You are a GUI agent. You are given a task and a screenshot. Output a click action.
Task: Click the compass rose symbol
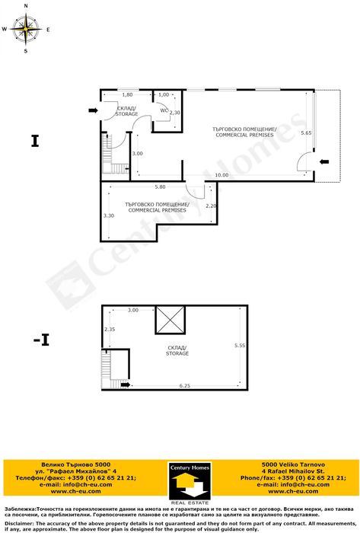(26, 29)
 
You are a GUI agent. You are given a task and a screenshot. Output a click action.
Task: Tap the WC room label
(164, 110)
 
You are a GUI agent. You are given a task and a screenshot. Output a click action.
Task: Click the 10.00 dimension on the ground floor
(221, 175)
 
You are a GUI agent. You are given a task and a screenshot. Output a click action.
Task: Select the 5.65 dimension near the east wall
(306, 133)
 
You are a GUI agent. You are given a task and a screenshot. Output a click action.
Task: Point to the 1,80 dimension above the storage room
(127, 95)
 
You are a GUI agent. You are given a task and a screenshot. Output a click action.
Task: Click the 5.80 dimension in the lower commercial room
(160, 187)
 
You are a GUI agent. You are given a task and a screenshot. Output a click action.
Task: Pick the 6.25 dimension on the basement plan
(184, 385)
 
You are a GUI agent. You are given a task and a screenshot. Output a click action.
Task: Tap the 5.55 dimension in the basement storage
(240, 345)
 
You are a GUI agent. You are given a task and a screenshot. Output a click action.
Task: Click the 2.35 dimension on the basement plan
(110, 329)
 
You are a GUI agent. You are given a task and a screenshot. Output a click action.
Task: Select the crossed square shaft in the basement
(170, 320)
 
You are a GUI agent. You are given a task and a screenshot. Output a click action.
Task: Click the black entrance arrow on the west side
(93, 110)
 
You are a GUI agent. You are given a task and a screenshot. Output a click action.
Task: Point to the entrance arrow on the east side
(324, 161)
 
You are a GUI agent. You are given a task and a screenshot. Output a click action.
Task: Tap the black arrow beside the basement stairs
(126, 385)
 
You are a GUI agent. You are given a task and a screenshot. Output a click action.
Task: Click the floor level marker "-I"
(41, 340)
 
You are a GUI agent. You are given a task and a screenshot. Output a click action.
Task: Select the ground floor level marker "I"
(35, 141)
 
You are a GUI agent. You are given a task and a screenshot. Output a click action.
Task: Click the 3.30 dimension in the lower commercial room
(109, 215)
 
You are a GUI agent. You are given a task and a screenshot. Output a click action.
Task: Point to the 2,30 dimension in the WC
(174, 113)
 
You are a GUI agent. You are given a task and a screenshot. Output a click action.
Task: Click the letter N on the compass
(26, 6)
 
